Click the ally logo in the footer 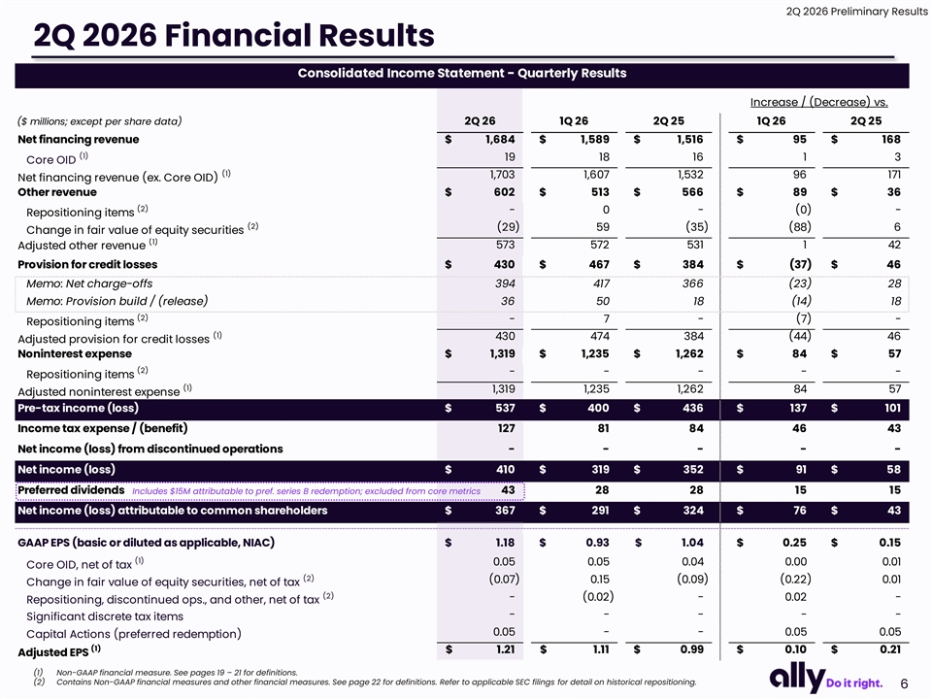click(797, 679)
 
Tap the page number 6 click(904, 683)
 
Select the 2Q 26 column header click(480, 120)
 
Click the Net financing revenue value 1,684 click(500, 139)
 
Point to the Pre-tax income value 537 click(505, 408)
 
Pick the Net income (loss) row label click(67, 470)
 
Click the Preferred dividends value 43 click(508, 489)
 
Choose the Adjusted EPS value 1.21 click(505, 649)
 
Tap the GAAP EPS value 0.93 click(597, 543)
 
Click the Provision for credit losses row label click(87, 264)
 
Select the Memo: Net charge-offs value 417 click(601, 283)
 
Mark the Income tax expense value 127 click(507, 428)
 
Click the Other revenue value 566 click(692, 192)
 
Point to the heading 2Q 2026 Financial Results click(234, 35)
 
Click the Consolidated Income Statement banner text click(462, 73)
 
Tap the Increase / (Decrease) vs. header click(819, 102)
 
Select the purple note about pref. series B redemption click(306, 491)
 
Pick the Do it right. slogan click(854, 682)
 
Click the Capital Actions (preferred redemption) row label click(134, 634)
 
